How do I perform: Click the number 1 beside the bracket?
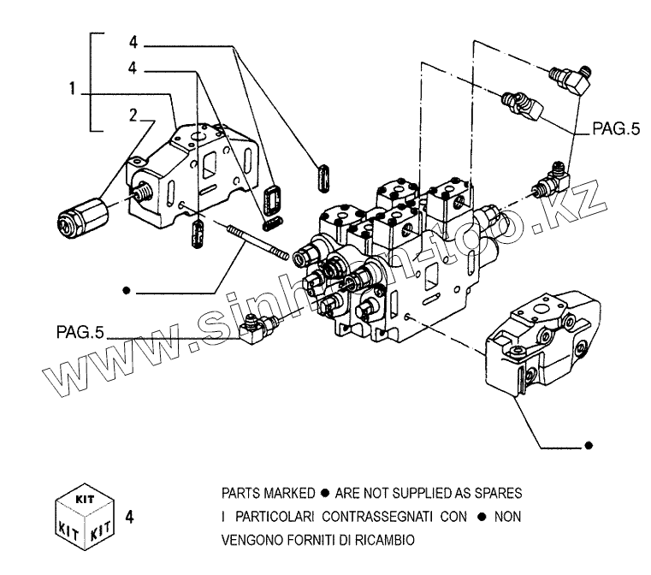point(74,88)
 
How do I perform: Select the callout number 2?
point(133,114)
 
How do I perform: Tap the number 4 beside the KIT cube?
point(129,517)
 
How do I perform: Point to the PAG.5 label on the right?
point(616,130)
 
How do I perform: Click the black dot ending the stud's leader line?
point(126,292)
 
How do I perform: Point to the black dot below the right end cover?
point(588,446)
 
